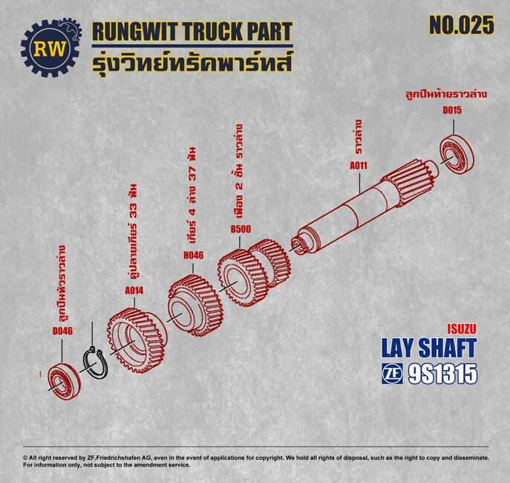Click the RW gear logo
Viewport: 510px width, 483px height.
pos(51,48)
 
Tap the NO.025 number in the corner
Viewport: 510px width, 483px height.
pos(462,25)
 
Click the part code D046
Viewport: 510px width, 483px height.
pos(63,331)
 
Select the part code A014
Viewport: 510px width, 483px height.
pos(134,291)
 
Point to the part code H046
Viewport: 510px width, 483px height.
pos(194,255)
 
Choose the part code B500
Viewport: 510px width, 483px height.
pos(241,229)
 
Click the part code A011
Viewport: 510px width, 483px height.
pos(359,166)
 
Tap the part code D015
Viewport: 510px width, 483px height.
pos(452,110)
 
